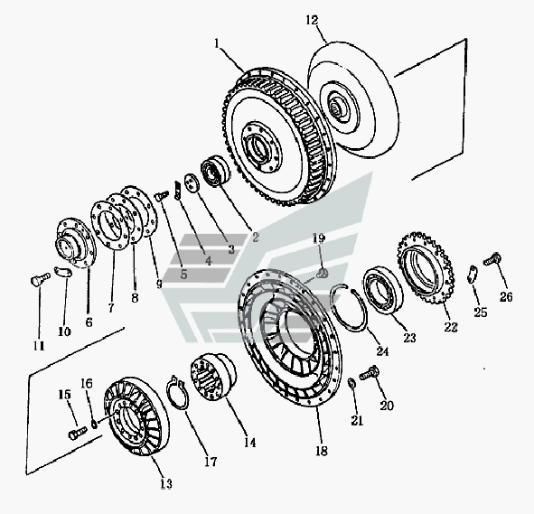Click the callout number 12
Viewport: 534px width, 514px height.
312,20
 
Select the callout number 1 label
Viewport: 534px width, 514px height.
218,43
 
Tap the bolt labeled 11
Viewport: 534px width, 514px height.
40,280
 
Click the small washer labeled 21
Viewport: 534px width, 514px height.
352,383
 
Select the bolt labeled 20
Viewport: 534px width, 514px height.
370,372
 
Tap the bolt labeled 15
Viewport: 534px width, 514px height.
78,433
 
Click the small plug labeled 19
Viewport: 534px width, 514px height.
323,273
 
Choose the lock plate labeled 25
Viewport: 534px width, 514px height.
472,274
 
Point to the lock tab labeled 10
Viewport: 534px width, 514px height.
63,272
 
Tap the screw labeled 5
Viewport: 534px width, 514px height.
162,195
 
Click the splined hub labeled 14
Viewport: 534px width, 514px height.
213,377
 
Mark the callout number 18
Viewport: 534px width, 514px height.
321,451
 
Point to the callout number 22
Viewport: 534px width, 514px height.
451,327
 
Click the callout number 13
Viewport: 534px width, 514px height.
166,483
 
